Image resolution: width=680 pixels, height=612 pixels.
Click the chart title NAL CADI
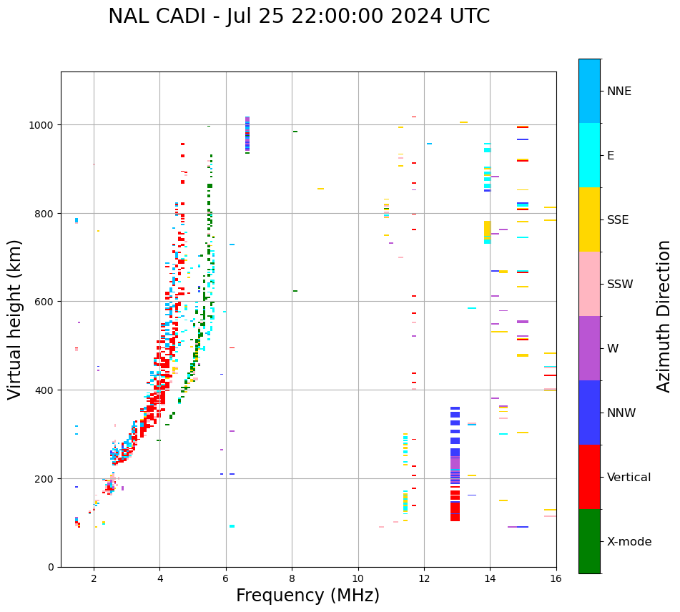click(x=299, y=16)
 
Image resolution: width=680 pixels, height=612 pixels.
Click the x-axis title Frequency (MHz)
click(x=307, y=596)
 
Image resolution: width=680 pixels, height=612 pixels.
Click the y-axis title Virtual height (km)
click(x=15, y=319)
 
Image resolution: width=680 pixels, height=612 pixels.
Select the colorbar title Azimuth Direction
click(x=664, y=316)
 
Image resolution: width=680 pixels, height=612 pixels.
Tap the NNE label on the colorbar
click(x=619, y=91)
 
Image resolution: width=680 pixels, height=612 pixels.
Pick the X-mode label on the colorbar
click(x=629, y=542)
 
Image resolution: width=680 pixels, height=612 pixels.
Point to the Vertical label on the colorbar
click(x=629, y=478)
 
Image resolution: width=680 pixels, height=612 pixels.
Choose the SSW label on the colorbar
click(x=620, y=284)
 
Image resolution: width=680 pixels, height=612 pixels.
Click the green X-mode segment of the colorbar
click(x=589, y=541)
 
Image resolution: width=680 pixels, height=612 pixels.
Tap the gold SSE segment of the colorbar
click(x=589, y=219)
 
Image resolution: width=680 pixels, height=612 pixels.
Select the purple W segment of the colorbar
click(x=589, y=348)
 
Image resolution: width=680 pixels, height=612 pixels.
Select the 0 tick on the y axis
click(x=51, y=567)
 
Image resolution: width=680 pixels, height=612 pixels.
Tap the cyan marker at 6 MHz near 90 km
click(x=232, y=526)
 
